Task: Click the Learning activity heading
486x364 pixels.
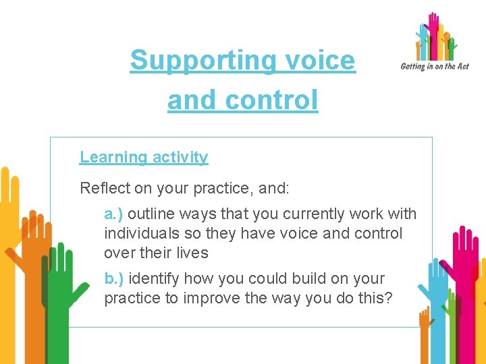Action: pyautogui.click(x=144, y=157)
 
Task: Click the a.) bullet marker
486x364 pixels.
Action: pyautogui.click(x=113, y=214)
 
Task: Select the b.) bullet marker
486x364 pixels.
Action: pyautogui.click(x=113, y=278)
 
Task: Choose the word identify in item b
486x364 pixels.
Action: pyautogui.click(x=153, y=278)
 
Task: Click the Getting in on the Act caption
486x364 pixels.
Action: pyautogui.click(x=434, y=67)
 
